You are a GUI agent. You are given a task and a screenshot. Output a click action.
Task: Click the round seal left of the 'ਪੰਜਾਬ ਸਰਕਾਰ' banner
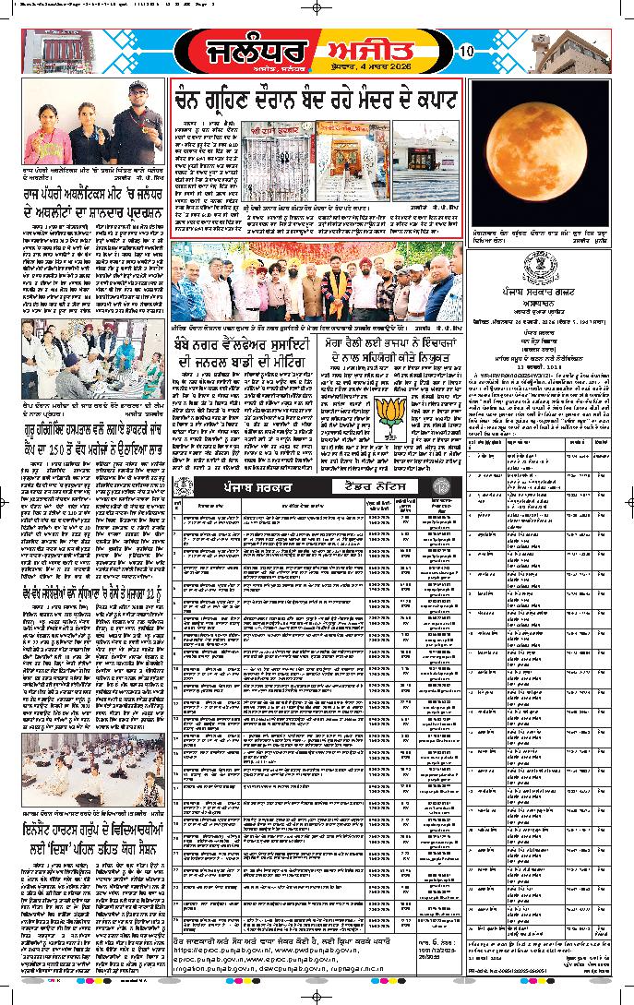pos(182,487)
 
